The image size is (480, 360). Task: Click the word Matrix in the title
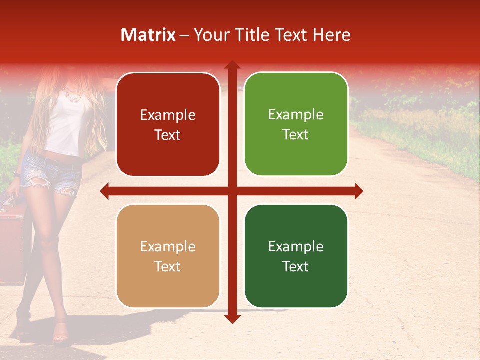click(148, 35)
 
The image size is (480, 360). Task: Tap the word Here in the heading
click(331, 35)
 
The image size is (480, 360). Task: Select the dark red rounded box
click(168, 124)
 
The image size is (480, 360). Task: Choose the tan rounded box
click(168, 256)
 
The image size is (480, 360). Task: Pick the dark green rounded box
click(296, 256)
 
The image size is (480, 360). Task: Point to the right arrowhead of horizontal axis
click(358, 191)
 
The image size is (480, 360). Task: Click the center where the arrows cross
click(232, 191)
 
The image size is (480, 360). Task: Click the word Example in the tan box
click(168, 246)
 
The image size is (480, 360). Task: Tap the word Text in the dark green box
click(296, 266)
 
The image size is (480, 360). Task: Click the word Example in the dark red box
click(168, 115)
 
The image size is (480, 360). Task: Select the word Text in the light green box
click(296, 134)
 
